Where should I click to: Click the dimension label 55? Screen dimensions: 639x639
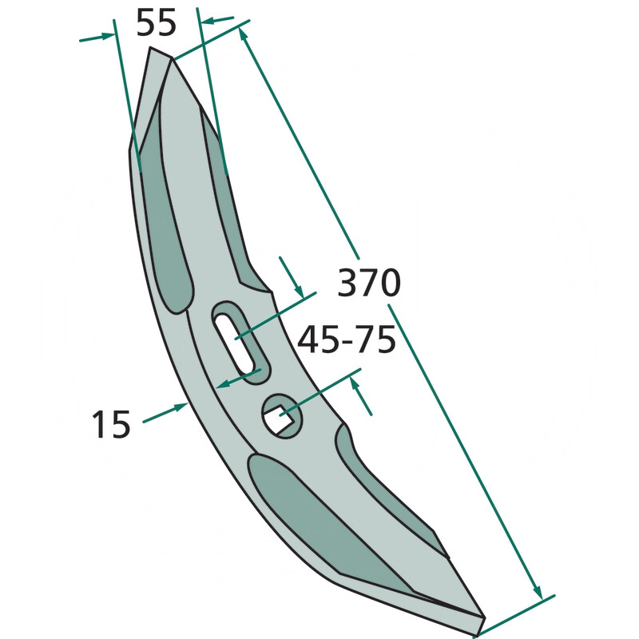(156, 22)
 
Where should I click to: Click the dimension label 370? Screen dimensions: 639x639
(369, 283)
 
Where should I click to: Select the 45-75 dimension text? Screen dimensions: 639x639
(347, 339)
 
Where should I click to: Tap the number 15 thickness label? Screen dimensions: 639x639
(111, 424)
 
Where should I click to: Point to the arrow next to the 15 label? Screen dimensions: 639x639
(165, 412)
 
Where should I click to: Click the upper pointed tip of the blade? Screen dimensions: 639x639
(151, 47)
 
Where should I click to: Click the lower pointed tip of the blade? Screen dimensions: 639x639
(484, 617)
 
